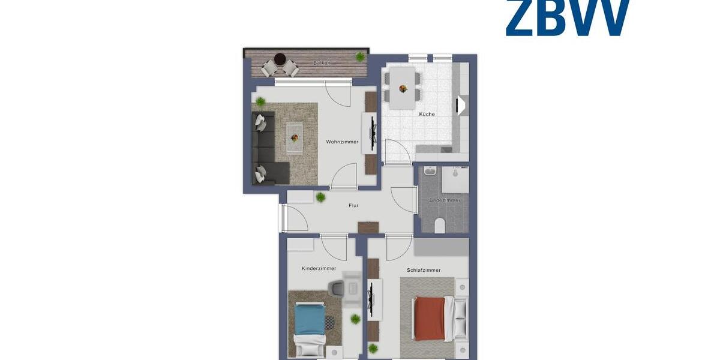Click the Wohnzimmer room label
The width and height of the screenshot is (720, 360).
[342, 142]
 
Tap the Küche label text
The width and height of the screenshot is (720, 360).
[427, 114]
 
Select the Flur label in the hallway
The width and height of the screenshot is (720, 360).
[353, 206]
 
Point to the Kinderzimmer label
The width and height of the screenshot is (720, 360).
[319, 269]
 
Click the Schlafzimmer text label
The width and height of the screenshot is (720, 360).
[424, 271]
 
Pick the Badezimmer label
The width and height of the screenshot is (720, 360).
[445, 200]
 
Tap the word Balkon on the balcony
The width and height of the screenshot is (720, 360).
[322, 63]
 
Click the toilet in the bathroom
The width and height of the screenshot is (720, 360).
[439, 225]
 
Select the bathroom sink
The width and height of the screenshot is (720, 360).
[429, 172]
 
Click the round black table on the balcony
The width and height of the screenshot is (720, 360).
[280, 59]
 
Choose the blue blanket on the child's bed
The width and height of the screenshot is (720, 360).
[310, 318]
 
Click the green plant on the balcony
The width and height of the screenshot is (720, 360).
[359, 56]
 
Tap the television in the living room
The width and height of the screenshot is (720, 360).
[373, 128]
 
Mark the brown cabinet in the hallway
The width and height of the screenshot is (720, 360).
[368, 227]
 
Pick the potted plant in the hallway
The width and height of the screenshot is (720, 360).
[321, 197]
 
